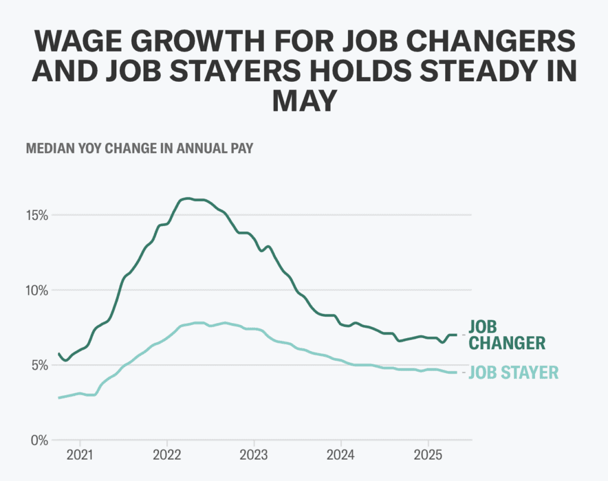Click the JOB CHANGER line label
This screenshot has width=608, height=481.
click(506, 335)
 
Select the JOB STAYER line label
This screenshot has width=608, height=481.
click(514, 372)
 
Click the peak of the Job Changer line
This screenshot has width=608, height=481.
click(187, 199)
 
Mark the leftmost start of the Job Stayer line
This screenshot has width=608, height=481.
click(58, 397)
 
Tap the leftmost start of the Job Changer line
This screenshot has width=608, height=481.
click(58, 353)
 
